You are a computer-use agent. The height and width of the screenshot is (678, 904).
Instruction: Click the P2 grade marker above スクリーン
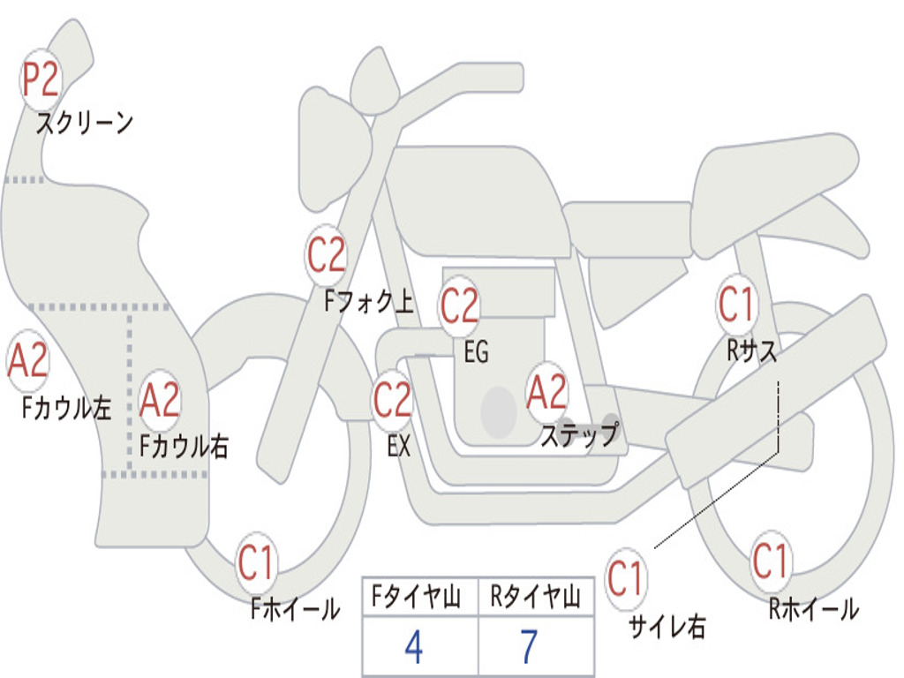(x=41, y=79)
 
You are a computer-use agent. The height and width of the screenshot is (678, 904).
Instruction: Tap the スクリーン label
(x=85, y=122)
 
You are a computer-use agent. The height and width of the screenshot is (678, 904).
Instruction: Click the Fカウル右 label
(x=184, y=446)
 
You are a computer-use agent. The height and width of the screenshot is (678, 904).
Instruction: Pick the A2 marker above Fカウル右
(x=160, y=400)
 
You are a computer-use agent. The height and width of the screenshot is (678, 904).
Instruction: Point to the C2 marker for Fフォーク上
(x=326, y=254)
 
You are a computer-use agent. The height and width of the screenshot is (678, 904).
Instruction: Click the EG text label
(x=476, y=351)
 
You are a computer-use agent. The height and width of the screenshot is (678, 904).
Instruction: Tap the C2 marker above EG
(x=459, y=305)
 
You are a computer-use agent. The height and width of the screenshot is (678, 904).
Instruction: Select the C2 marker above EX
(x=392, y=400)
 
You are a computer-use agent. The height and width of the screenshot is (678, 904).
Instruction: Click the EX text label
(x=399, y=446)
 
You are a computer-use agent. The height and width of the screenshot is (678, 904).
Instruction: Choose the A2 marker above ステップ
(x=546, y=392)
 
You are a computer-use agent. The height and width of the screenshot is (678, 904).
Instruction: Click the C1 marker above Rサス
(x=736, y=304)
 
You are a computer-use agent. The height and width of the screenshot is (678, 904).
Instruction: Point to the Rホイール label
(x=813, y=609)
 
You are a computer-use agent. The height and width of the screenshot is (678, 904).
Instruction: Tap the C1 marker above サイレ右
(x=626, y=578)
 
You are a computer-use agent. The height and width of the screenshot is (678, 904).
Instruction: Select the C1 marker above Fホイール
(x=255, y=562)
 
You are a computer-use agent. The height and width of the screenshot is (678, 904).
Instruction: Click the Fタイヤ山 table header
(x=416, y=596)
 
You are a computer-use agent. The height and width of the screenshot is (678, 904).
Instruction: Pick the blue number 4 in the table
(x=414, y=647)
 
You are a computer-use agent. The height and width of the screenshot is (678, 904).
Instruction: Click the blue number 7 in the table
(x=530, y=647)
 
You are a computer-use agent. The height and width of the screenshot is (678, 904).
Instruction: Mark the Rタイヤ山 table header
(x=535, y=596)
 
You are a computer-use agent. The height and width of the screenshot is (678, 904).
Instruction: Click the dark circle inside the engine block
(x=499, y=411)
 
